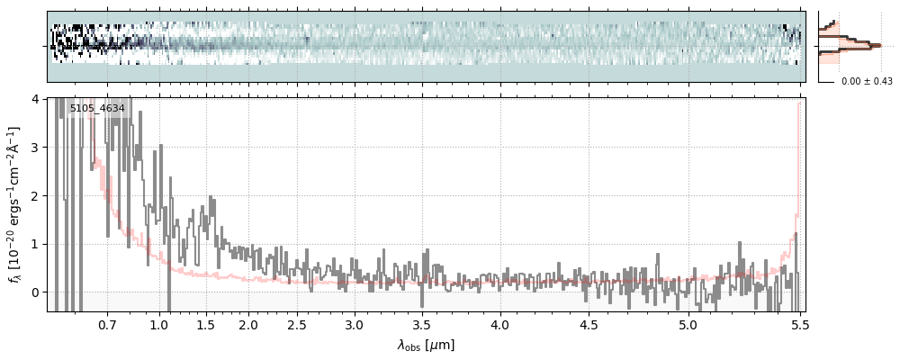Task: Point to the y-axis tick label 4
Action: (x=36, y=98)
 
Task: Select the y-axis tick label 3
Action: (x=36, y=147)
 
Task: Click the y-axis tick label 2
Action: (x=36, y=195)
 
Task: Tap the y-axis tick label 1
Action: (x=36, y=244)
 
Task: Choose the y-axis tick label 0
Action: (x=36, y=292)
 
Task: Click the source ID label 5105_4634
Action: (x=97, y=109)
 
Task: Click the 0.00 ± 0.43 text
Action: (x=867, y=82)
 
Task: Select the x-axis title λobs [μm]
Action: (x=426, y=345)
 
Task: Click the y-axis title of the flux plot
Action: (x=15, y=204)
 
